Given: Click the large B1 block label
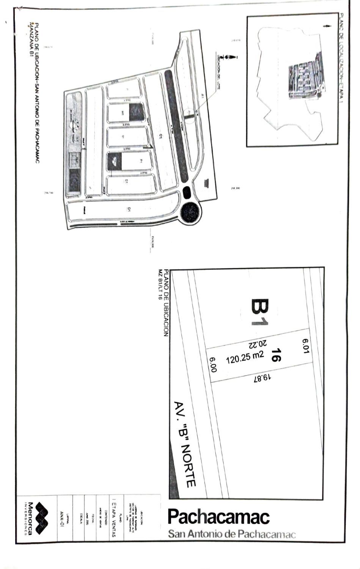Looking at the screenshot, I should (260, 312).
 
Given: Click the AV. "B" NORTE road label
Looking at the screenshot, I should (185, 444).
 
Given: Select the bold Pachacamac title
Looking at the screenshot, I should (218, 517).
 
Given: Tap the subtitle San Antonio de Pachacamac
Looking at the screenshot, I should (231, 534).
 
